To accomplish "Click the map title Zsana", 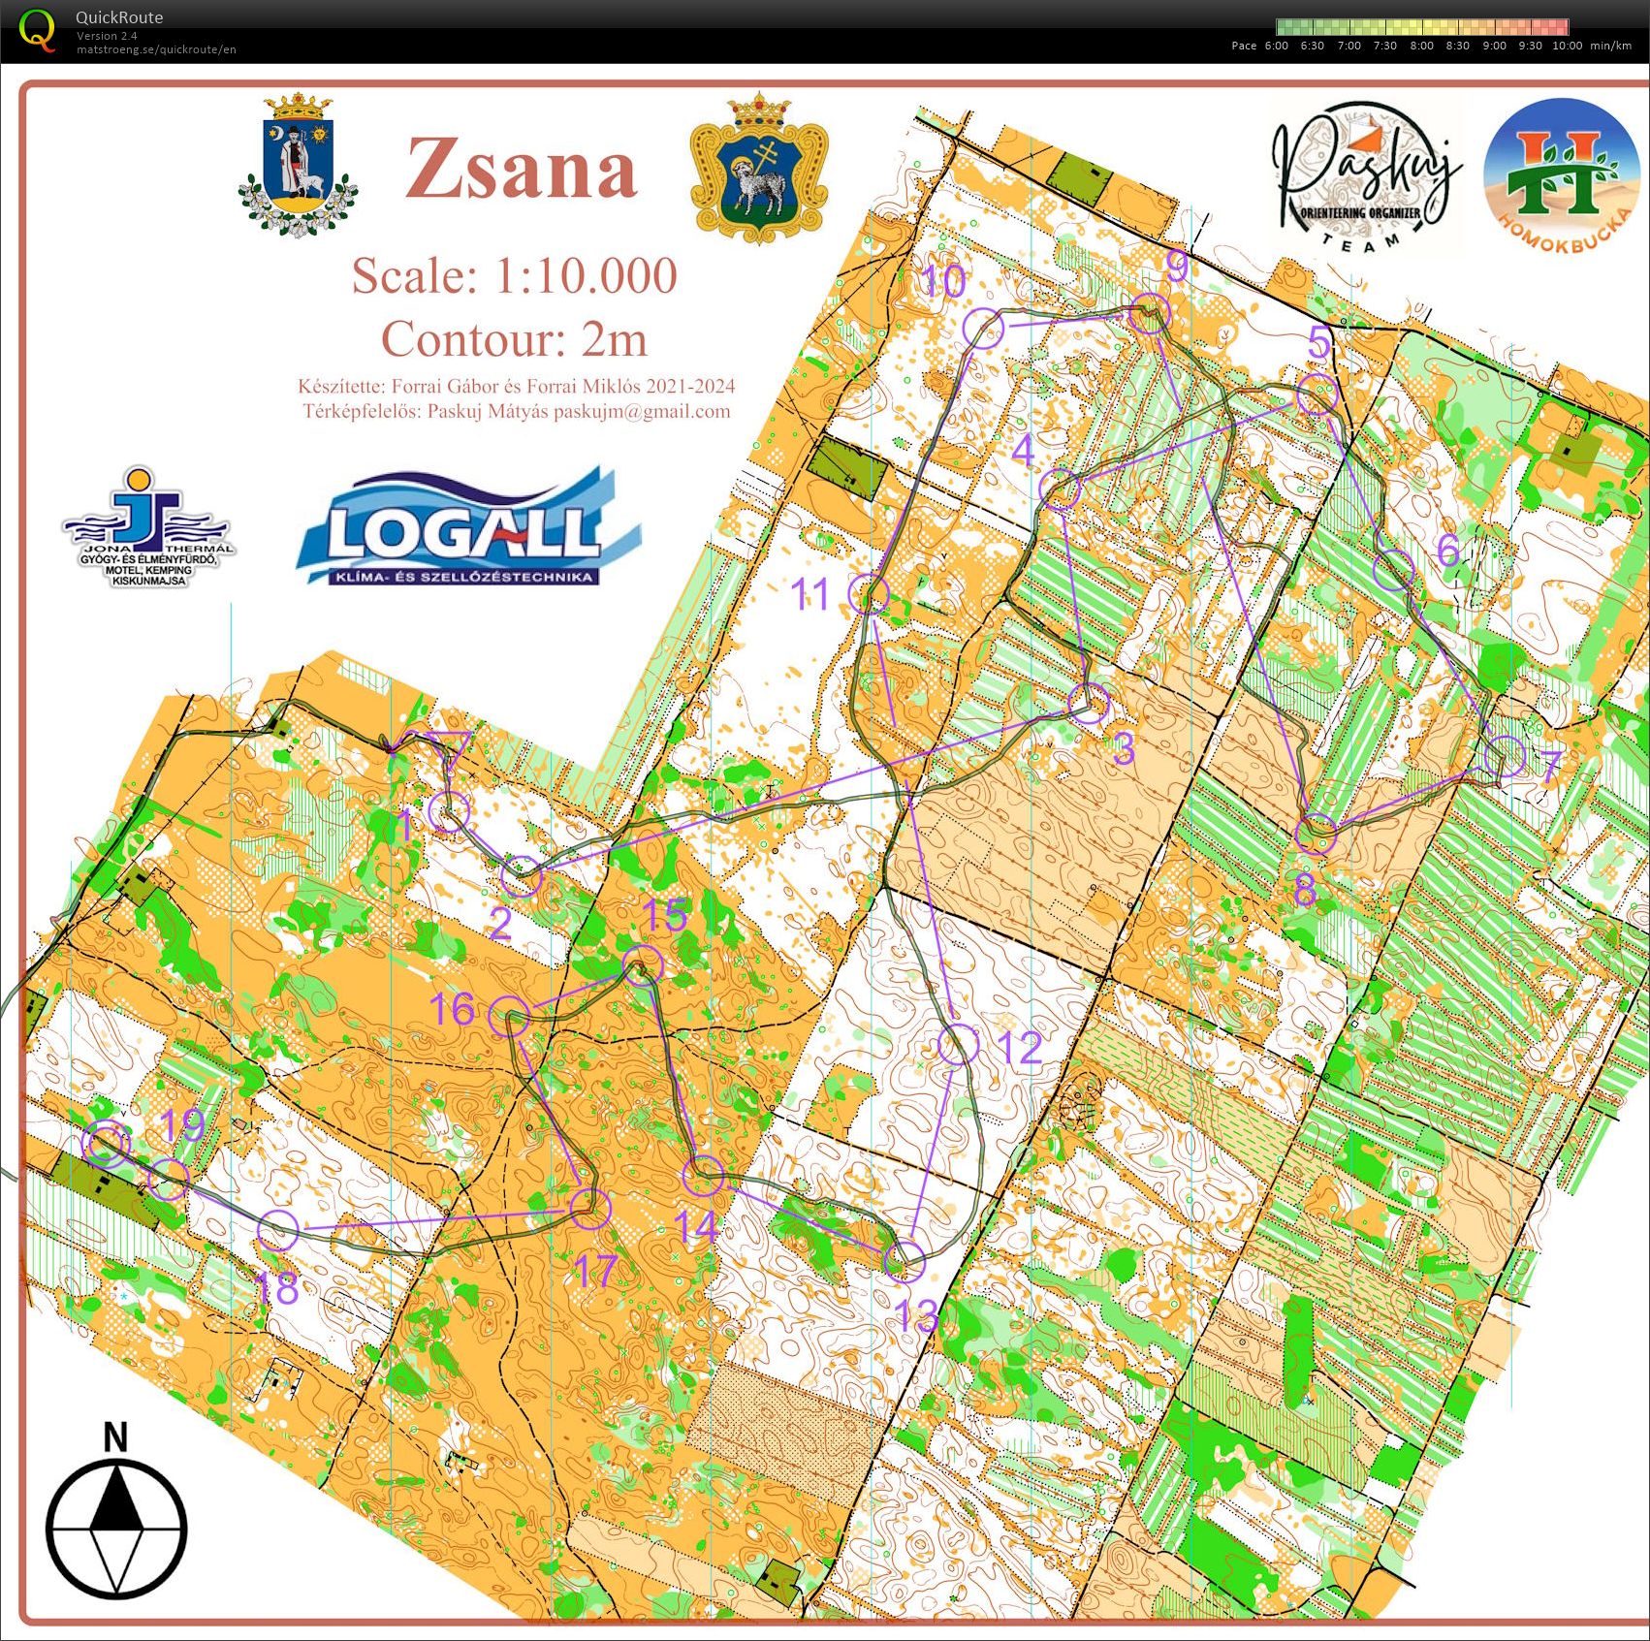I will pyautogui.click(x=522, y=169).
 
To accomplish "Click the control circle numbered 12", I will pyautogui.click(x=959, y=1045).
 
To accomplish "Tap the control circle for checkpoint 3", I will pyautogui.click(x=1090, y=703).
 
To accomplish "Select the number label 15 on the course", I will pyautogui.click(x=665, y=915).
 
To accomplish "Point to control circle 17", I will pyautogui.click(x=589, y=1208).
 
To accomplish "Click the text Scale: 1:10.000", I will pyautogui.click(x=514, y=276).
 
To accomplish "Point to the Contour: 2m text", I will pyautogui.click(x=514, y=339).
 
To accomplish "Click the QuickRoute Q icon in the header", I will pyautogui.click(x=37, y=29).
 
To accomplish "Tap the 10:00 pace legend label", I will pyautogui.click(x=1566, y=46).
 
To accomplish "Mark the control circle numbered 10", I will pyautogui.click(x=982, y=329).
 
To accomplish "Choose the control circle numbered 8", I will pyautogui.click(x=1316, y=833).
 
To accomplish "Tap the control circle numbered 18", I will pyautogui.click(x=278, y=1230).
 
